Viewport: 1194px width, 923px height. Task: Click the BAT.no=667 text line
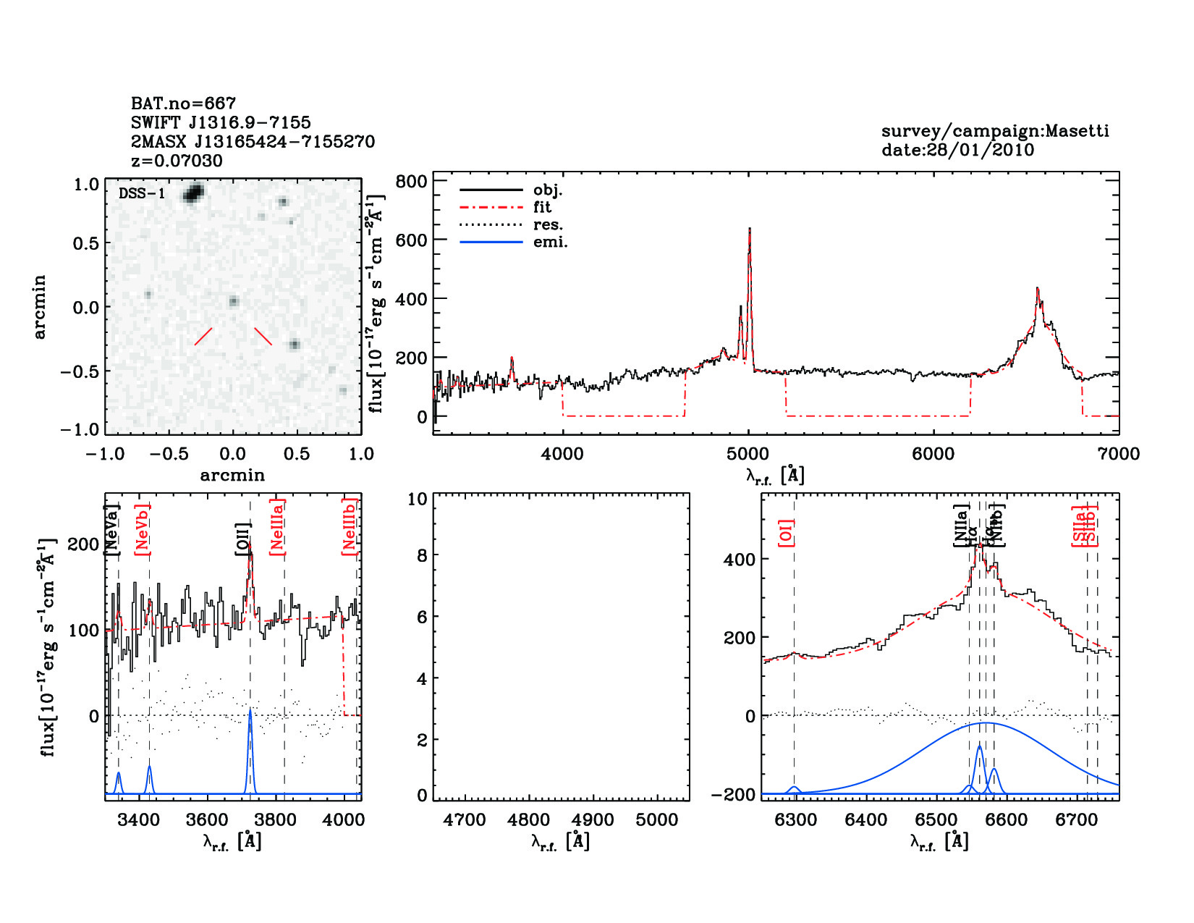[183, 104]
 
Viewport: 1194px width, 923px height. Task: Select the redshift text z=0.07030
[177, 161]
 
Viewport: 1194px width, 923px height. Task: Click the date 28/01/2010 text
[957, 150]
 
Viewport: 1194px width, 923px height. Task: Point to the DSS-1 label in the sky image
[142, 193]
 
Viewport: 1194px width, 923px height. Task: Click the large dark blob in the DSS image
[194, 193]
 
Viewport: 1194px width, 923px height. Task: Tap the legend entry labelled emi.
[550, 243]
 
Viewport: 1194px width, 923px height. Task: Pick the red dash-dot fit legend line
[491, 207]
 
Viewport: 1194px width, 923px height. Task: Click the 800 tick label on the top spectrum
[411, 181]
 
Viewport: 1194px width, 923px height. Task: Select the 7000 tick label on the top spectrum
[1119, 454]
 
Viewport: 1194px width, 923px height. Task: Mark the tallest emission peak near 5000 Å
[750, 230]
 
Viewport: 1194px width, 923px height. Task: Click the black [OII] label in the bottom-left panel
[242, 539]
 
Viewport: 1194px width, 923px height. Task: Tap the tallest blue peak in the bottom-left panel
[250, 711]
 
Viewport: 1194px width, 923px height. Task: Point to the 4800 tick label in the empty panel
[530, 820]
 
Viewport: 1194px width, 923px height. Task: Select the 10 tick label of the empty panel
[418, 499]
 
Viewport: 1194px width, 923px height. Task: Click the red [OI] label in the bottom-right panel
[786, 533]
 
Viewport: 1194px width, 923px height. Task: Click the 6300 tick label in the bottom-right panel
[795, 820]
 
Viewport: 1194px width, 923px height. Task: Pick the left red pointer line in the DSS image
[203, 337]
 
